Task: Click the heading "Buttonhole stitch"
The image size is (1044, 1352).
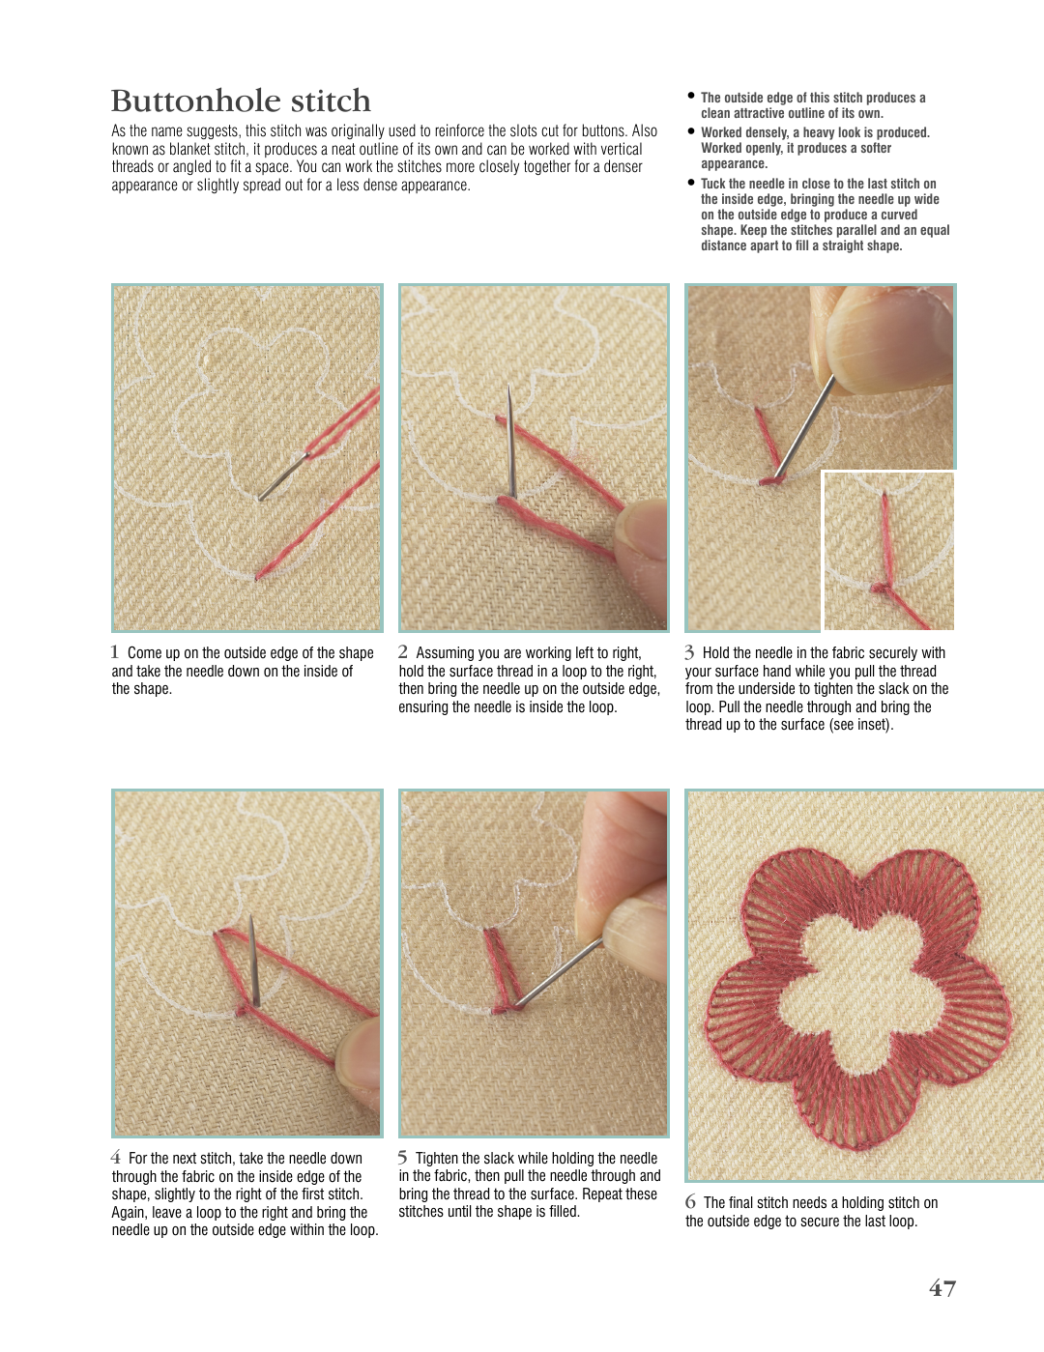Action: click(x=241, y=101)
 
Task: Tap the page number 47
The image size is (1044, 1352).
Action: click(x=942, y=1287)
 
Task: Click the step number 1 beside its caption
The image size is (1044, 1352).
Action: click(x=115, y=652)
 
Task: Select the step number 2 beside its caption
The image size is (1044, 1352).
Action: click(x=403, y=652)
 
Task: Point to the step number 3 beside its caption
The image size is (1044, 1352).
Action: click(x=689, y=652)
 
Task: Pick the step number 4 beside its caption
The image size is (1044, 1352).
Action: click(x=116, y=1158)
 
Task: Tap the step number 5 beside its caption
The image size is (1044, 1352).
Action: click(x=403, y=1158)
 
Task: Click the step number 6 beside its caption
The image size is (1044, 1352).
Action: click(x=690, y=1202)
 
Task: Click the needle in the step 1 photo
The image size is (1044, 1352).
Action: click(x=283, y=476)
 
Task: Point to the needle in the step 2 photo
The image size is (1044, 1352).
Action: click(x=510, y=441)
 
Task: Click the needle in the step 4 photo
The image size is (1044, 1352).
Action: click(x=253, y=961)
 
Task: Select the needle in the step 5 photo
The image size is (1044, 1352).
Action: click(x=557, y=973)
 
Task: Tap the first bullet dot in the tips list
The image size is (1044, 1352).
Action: click(x=690, y=96)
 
